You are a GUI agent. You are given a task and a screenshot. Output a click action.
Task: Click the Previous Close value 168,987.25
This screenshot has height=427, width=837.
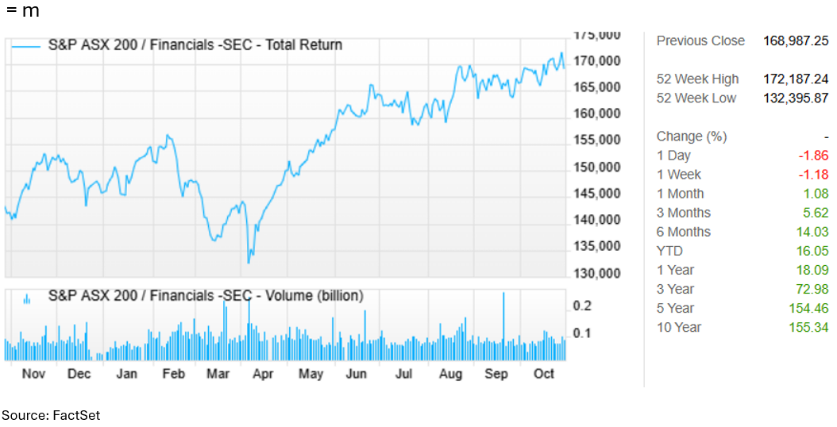pyautogui.click(x=796, y=40)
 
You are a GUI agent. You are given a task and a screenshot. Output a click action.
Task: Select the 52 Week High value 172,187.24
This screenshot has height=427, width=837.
pyautogui.click(x=796, y=79)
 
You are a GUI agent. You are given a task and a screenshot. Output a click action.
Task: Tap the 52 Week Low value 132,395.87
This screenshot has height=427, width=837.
pyautogui.click(x=796, y=98)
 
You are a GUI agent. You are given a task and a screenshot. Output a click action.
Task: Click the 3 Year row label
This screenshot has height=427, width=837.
pyautogui.click(x=675, y=289)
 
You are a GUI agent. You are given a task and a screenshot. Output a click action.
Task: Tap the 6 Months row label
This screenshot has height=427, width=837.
pyautogui.click(x=683, y=232)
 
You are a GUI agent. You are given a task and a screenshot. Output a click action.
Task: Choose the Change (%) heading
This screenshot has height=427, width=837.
pyautogui.click(x=691, y=137)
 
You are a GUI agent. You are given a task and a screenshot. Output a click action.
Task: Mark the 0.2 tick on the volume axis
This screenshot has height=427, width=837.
pyautogui.click(x=582, y=306)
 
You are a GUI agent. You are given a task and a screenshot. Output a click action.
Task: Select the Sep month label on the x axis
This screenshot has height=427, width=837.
pyautogui.click(x=496, y=374)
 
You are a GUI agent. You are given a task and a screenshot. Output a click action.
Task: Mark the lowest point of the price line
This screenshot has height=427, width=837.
pyautogui.click(x=249, y=262)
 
